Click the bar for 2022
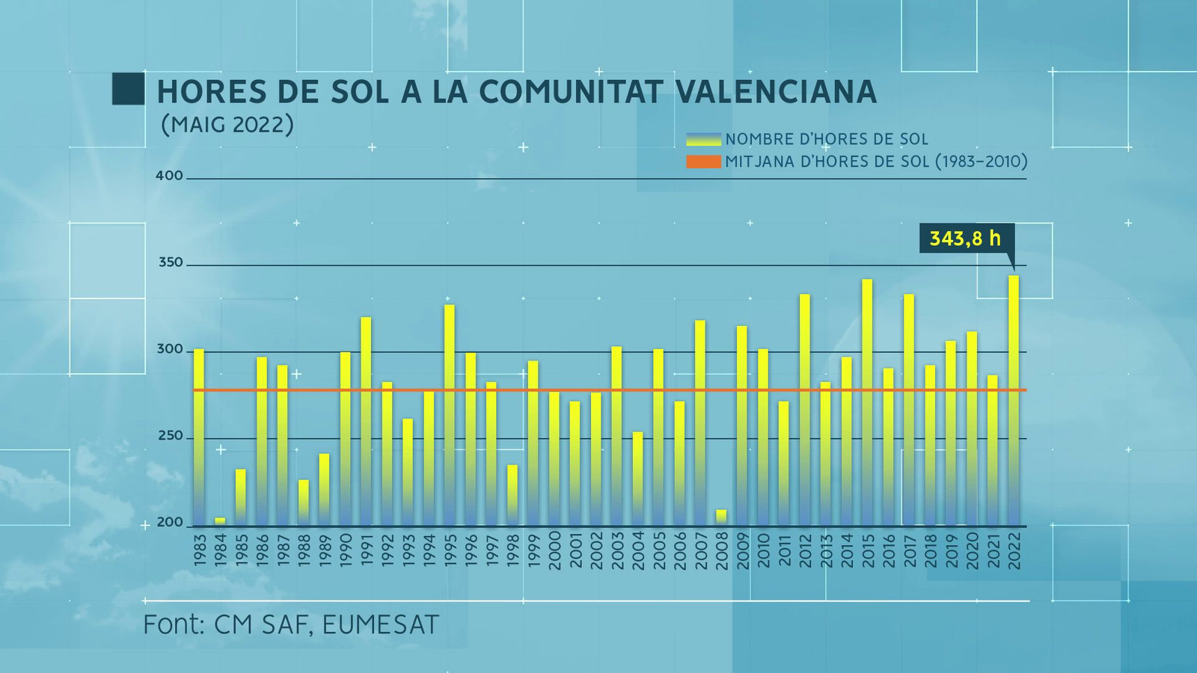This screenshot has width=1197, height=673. tap(1014, 400)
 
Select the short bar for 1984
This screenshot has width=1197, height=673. tap(220, 521)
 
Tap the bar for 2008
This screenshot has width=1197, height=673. tap(721, 517)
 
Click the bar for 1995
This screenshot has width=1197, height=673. tap(450, 415)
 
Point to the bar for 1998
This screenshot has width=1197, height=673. tap(512, 495)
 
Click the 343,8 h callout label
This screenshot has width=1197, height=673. tap(965, 239)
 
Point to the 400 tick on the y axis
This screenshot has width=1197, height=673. tap(169, 176)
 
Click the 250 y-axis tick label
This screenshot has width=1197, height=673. tap(171, 436)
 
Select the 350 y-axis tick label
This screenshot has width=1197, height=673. tap(171, 262)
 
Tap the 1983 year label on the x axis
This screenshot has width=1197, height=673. tap(199, 550)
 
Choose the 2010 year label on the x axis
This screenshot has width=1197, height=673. tap(763, 550)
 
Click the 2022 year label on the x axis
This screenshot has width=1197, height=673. tap(1014, 550)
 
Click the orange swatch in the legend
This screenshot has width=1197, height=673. tap(703, 162)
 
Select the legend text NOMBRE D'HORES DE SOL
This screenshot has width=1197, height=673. tap(826, 139)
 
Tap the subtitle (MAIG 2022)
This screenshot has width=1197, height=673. tap(227, 124)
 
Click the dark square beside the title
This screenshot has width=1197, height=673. tap(129, 89)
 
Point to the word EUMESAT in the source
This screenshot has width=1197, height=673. tap(380, 624)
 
